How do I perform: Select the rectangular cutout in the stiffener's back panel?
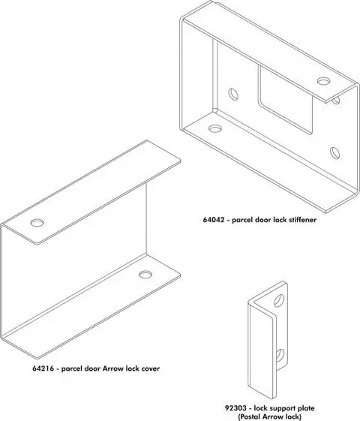pos(283,98)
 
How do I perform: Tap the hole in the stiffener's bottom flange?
pos(216,128)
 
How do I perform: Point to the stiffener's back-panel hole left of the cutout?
pos(235,95)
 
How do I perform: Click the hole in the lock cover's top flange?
pos(37,223)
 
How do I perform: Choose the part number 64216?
pos(43,368)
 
